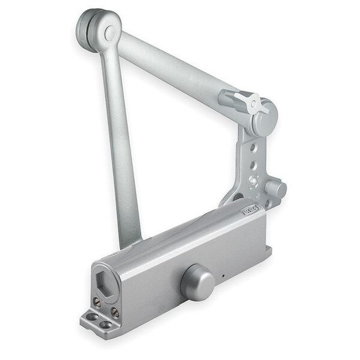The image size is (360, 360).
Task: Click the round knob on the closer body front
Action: (197, 283)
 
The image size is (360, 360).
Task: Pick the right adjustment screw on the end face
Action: (115, 312)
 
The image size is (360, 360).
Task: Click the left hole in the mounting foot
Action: (92, 317)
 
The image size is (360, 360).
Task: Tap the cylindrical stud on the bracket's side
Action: (275, 189)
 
